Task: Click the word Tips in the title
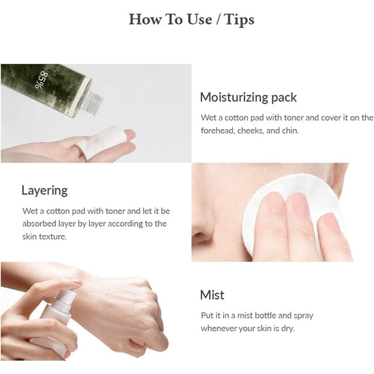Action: [x=239, y=20]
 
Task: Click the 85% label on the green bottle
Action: [x=41, y=80]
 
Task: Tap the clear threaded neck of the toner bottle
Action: [x=93, y=104]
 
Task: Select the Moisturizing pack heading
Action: [x=248, y=98]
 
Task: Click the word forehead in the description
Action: [x=218, y=131]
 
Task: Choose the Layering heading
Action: [x=45, y=191]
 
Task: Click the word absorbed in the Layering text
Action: [x=39, y=224]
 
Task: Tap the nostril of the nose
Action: [x=201, y=237]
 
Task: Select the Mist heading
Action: [x=213, y=295]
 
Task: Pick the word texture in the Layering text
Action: [x=53, y=236]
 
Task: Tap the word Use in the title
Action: [x=199, y=20]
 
